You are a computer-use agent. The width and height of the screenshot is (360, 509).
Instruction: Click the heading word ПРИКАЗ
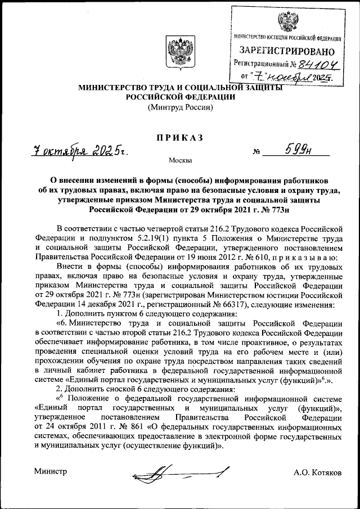point(180,138)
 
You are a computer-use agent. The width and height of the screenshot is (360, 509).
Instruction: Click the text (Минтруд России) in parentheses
point(180,107)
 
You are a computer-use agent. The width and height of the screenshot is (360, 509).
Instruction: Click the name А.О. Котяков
point(317,472)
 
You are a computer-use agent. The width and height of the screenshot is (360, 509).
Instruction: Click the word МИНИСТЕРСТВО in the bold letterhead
point(113,88)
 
